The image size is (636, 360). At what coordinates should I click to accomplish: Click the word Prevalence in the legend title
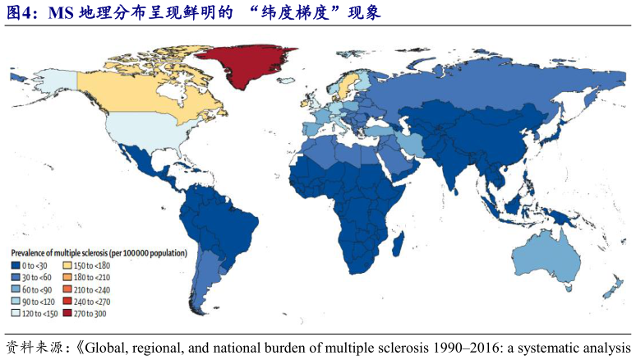[32, 252]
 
